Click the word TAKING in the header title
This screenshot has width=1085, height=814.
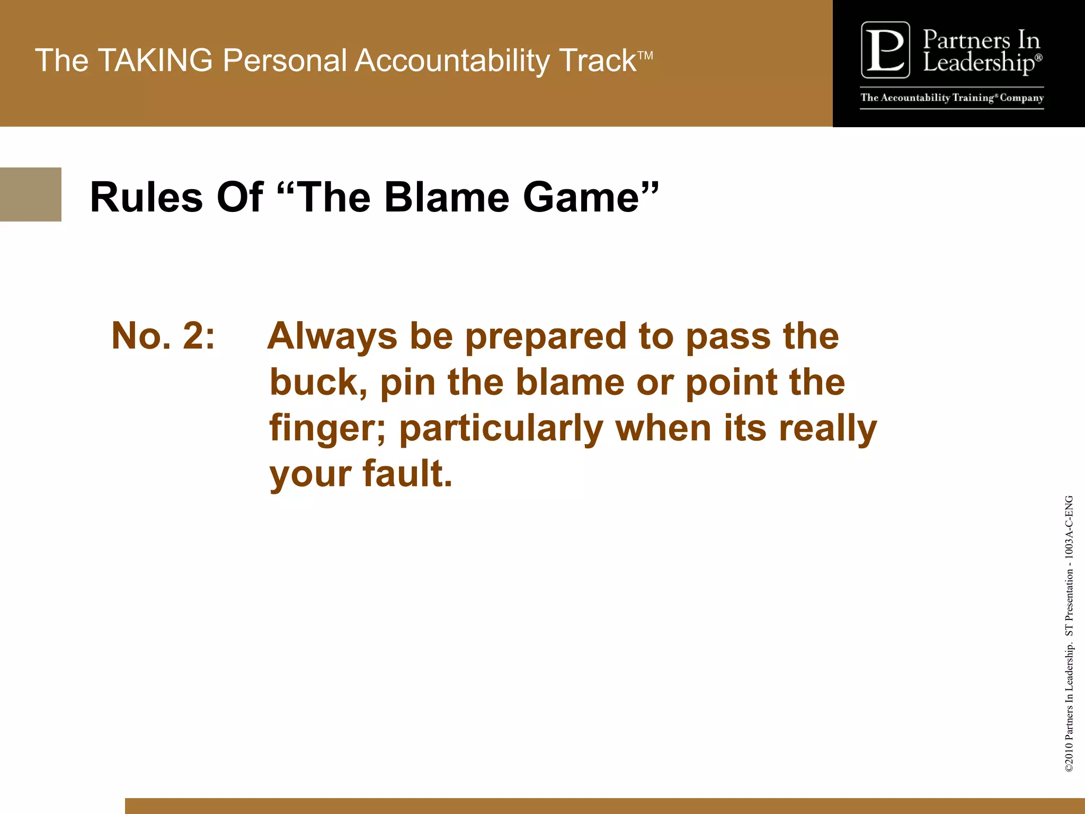tap(155, 60)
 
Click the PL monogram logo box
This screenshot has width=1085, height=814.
tap(885, 50)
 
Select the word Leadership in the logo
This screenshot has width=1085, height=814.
tap(978, 63)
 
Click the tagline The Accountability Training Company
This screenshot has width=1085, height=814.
tap(951, 98)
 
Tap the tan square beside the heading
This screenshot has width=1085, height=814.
tap(30, 194)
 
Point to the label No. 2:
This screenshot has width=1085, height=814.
tap(163, 335)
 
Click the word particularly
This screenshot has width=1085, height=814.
tap(501, 429)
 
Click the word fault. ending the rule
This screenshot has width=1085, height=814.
tap(407, 473)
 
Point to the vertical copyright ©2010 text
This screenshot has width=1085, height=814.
tap(1069, 761)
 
